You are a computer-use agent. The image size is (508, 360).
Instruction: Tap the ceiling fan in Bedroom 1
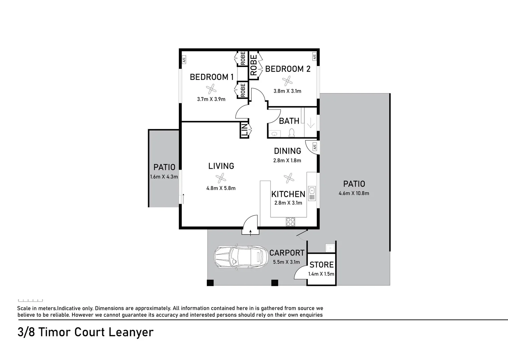211,89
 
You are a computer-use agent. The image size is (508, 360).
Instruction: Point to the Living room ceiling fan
221,178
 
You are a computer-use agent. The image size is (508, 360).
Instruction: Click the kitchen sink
312,191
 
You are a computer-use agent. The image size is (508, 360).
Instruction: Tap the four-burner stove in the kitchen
290,222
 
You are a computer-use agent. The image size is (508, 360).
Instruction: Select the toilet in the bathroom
292,133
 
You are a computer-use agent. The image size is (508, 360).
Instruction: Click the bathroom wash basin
275,134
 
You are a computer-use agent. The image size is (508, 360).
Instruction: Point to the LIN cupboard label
244,130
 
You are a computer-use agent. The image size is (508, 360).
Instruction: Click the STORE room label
322,265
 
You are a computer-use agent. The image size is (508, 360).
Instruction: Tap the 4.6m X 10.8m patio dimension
354,193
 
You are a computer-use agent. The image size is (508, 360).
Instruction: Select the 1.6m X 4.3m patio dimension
164,177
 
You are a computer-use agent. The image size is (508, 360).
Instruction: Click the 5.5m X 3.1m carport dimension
286,262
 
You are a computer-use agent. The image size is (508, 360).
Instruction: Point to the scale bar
30,301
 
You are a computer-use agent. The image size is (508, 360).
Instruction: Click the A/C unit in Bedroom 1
183,60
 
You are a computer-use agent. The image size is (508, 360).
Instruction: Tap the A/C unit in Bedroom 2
314,57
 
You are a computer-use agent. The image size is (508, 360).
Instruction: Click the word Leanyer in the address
135,332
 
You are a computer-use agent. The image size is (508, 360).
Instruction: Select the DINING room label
288,151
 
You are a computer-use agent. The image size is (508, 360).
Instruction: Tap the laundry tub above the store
330,248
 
